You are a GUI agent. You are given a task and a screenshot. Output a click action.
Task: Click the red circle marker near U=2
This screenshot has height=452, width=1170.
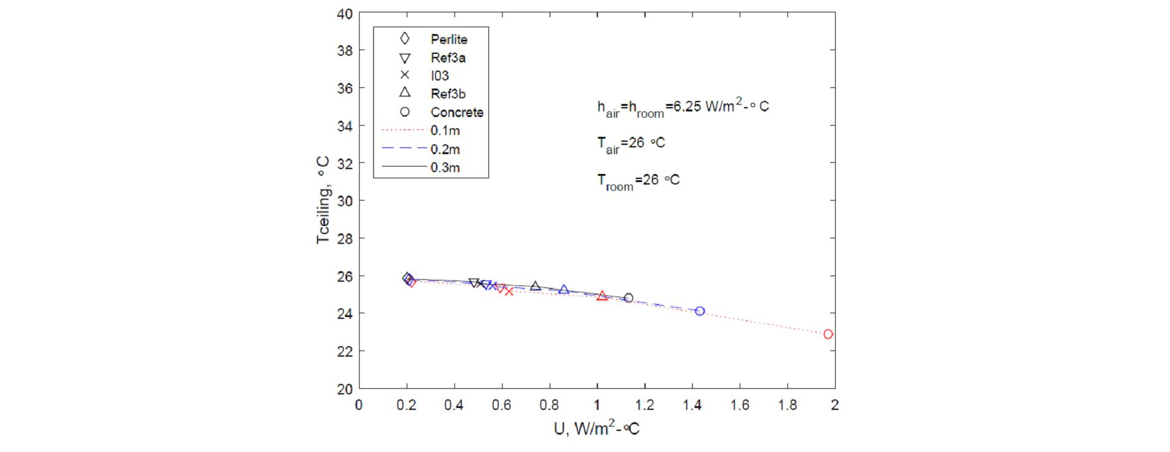pyautogui.click(x=828, y=334)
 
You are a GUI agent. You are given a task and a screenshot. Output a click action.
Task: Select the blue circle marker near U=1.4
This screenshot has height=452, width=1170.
pyautogui.click(x=700, y=311)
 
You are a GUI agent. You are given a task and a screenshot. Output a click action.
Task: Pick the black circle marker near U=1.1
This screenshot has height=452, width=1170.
pyautogui.click(x=628, y=298)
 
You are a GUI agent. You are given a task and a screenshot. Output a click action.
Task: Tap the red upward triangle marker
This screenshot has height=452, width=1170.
pyautogui.click(x=602, y=297)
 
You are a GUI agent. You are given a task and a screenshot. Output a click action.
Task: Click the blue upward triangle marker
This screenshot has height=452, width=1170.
pyautogui.click(x=563, y=290)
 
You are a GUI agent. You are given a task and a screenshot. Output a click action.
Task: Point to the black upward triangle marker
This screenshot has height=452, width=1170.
pyautogui.click(x=535, y=286)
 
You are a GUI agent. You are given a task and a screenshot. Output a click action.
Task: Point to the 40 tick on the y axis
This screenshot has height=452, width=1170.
pyautogui.click(x=345, y=14)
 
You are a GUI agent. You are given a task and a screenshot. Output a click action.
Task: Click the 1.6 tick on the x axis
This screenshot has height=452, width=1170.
pyautogui.click(x=740, y=406)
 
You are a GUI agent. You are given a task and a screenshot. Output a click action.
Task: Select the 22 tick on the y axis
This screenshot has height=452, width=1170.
pyautogui.click(x=345, y=352)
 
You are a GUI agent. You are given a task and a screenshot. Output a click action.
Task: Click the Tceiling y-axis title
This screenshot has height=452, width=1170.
pyautogui.click(x=323, y=200)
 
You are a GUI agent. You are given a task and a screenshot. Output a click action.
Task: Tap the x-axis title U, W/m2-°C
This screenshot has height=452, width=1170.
pyautogui.click(x=596, y=428)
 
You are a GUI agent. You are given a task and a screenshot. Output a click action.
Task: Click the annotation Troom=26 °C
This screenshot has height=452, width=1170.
pyautogui.click(x=638, y=181)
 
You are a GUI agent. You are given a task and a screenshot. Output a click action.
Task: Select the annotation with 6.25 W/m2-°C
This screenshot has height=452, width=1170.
pyautogui.click(x=683, y=108)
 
